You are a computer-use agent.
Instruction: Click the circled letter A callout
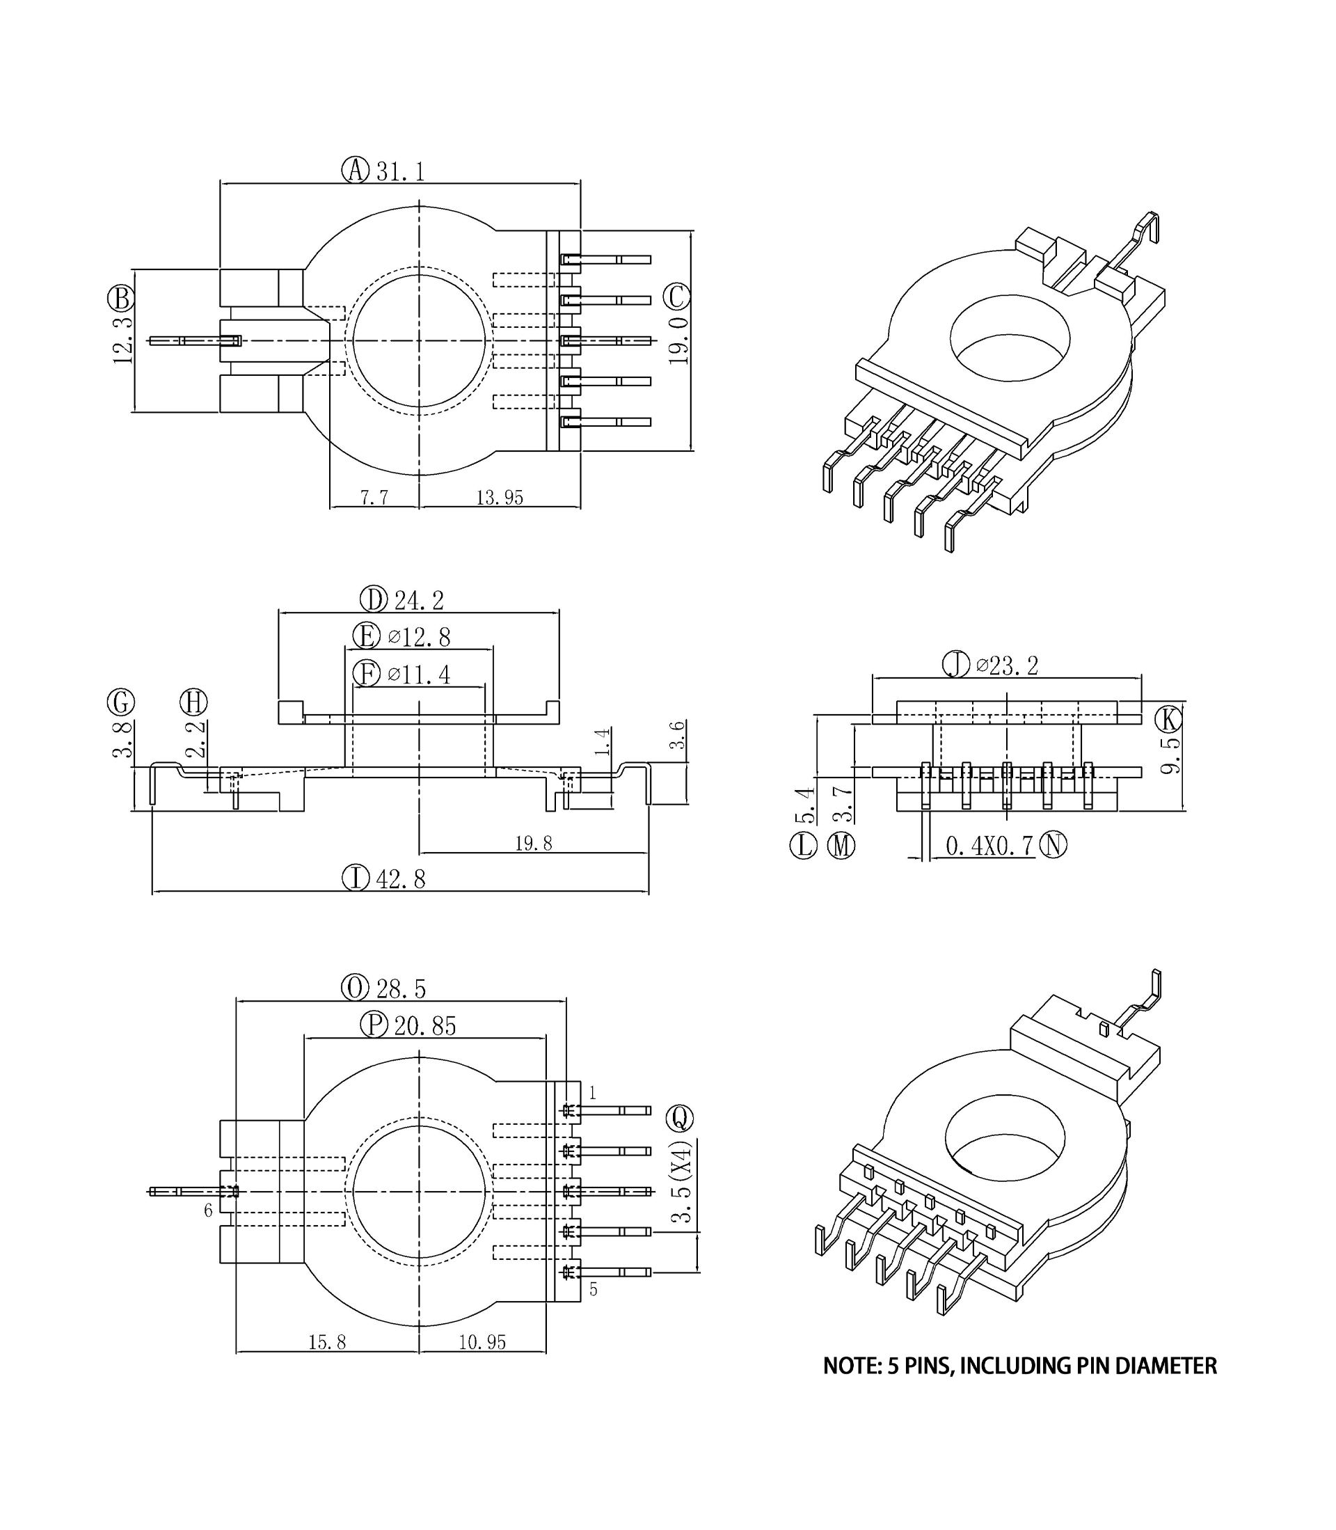356,170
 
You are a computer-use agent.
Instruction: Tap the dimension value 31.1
400,171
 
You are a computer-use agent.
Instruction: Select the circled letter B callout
121,299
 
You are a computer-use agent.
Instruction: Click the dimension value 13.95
500,497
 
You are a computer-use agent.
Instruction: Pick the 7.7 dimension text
374,497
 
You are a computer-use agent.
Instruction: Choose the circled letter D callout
374,599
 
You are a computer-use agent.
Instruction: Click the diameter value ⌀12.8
419,638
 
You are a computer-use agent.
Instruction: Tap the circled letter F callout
366,674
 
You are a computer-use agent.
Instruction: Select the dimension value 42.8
400,879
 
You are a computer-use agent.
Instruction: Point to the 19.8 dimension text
533,843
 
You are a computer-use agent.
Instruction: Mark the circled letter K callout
1168,720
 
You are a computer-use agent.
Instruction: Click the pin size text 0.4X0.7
989,846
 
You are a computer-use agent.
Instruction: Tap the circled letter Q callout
679,1118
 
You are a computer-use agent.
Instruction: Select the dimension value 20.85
425,1027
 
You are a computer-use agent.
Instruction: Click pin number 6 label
209,1210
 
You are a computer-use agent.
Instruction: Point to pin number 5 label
594,1289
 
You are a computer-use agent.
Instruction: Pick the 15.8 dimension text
327,1342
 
